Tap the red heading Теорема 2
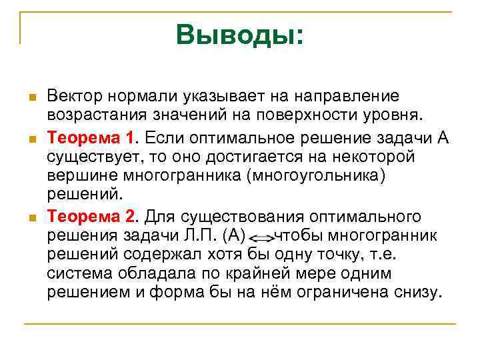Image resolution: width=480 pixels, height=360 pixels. (x=91, y=217)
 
